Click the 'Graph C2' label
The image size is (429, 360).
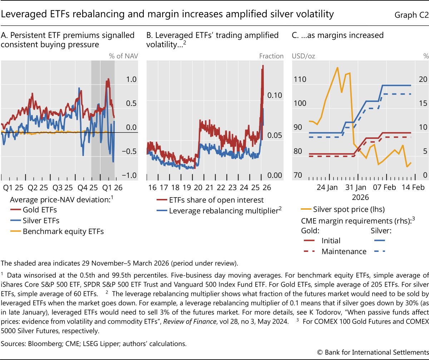[x=410, y=15]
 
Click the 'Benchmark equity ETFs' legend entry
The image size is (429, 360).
[x=63, y=231]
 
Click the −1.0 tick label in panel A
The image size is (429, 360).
[x=129, y=175]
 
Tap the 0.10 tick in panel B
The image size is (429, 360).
[x=276, y=95]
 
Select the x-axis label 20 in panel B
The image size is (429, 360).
[x=198, y=187]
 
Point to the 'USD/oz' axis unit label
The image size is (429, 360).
[x=304, y=56]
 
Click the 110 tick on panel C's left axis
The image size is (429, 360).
[x=300, y=79]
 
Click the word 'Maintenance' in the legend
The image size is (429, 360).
[x=344, y=252]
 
